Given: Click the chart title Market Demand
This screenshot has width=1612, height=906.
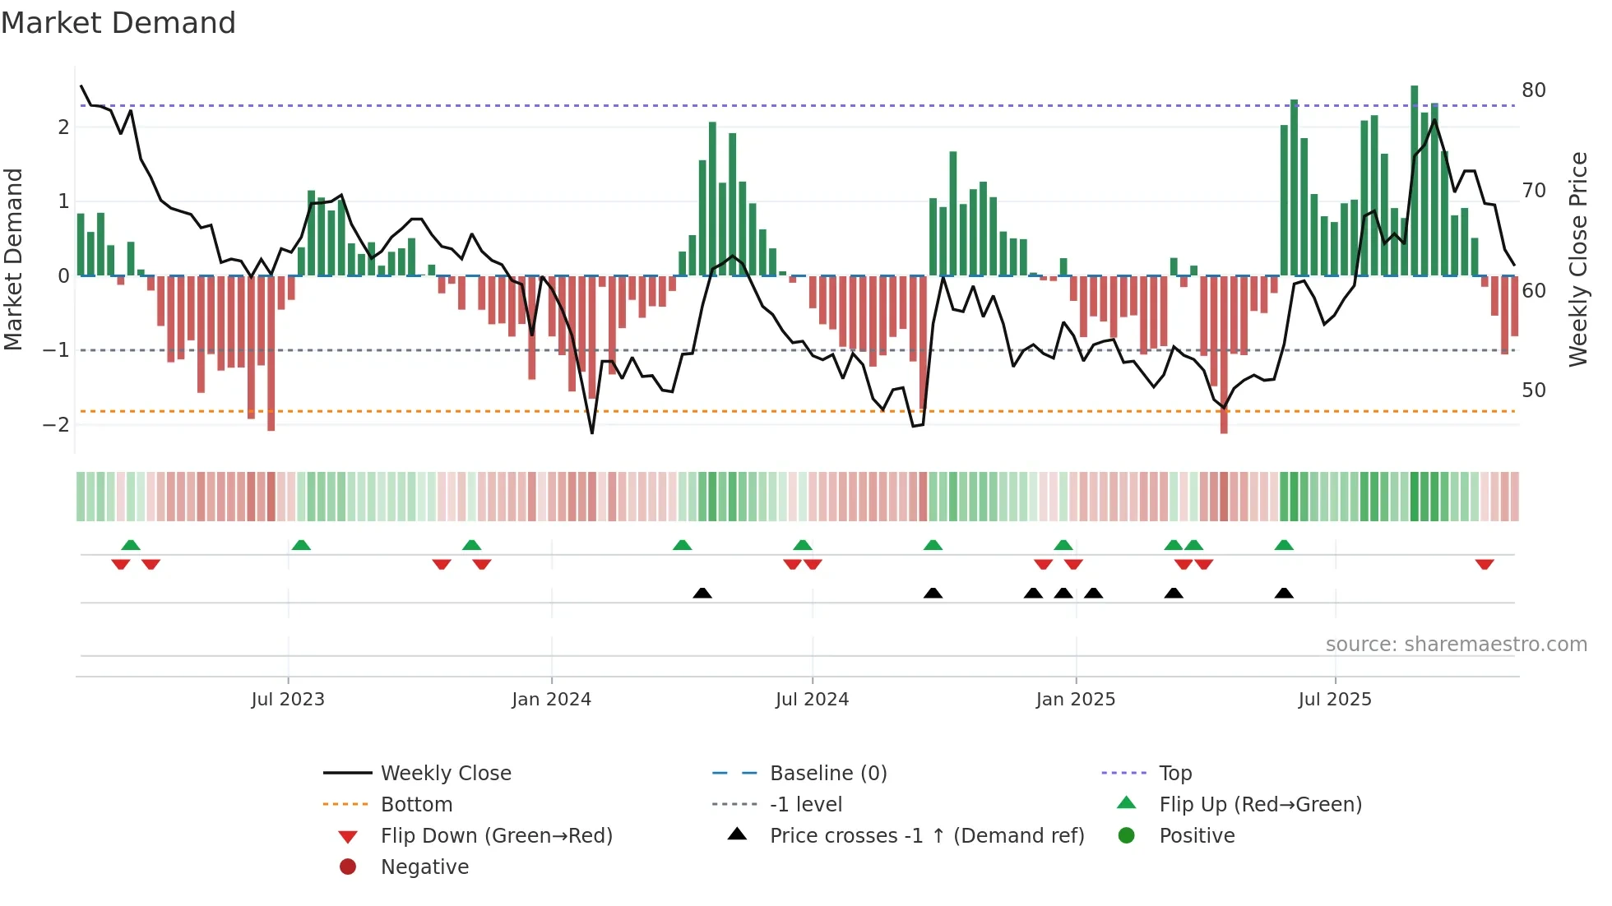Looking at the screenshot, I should [118, 23].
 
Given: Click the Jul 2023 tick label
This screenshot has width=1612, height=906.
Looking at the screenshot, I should [288, 700].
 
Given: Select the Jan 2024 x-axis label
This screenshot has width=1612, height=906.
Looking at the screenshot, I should [551, 700].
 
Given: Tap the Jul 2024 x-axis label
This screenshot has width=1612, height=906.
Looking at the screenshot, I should [812, 700].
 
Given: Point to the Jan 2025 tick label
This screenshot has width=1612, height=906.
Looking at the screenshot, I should [1075, 700].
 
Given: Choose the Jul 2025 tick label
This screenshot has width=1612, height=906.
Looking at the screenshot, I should [1335, 700].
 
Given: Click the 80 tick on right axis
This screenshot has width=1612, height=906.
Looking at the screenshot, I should [1533, 90].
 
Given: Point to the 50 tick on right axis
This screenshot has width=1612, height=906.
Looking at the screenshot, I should [1533, 391].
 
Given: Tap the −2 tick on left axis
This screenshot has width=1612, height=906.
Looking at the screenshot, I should [57, 425].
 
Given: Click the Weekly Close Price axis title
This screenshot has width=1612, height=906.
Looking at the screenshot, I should [1577, 259].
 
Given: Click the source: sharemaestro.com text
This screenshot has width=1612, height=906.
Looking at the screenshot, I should [1456, 645].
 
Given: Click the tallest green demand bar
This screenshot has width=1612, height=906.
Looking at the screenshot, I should [1415, 181].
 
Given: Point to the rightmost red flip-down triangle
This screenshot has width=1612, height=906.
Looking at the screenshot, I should [1485, 564].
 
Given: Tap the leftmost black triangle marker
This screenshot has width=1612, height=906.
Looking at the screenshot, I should [702, 593].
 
